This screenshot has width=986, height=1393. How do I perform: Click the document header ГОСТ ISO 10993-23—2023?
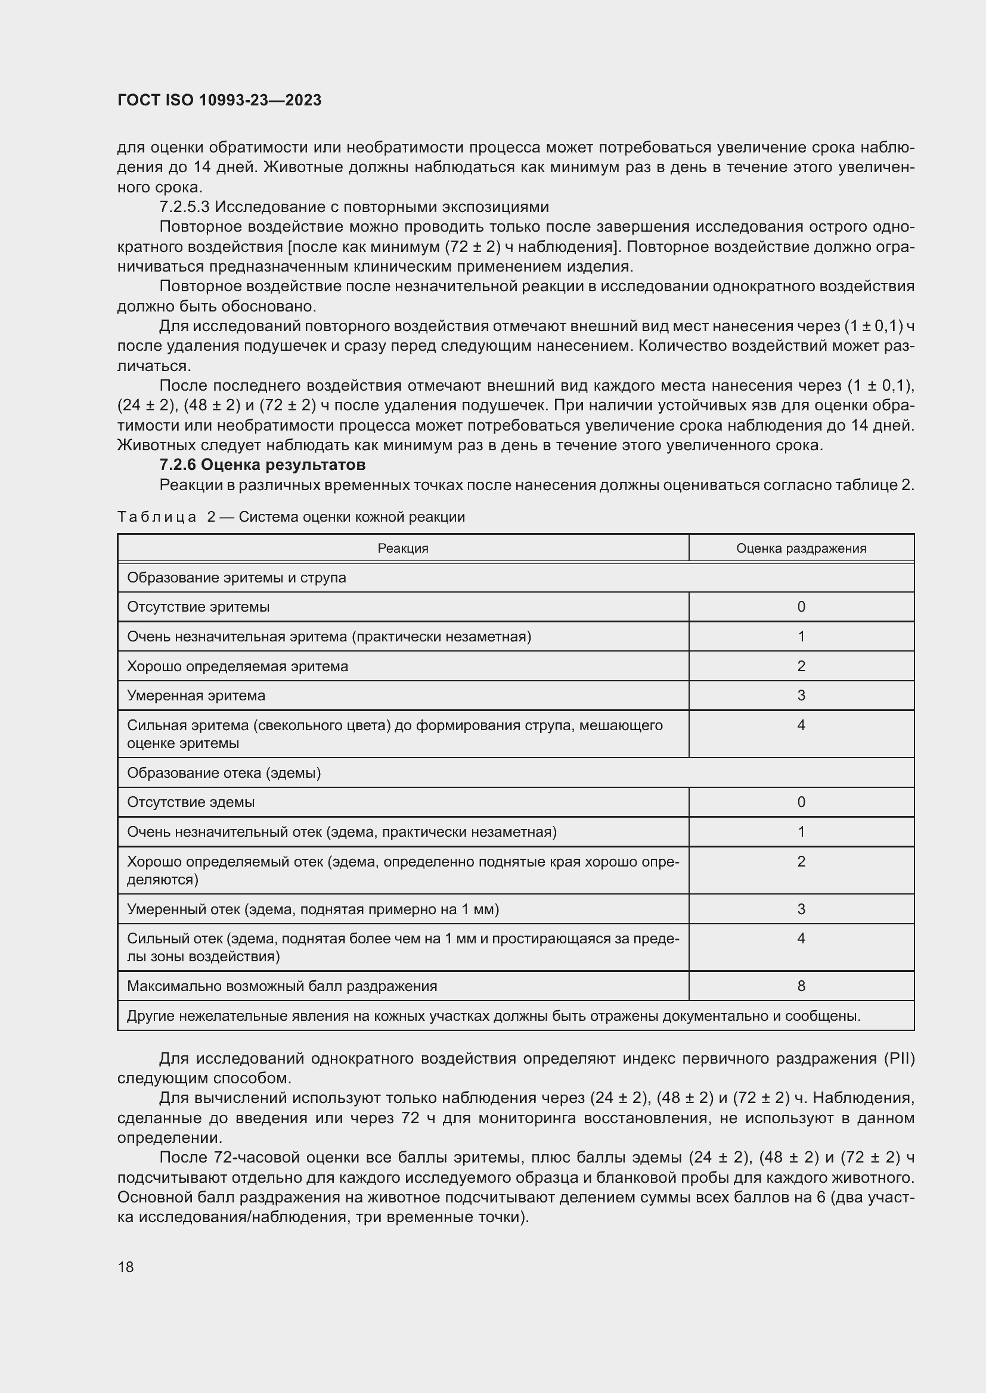219,100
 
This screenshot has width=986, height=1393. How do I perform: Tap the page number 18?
126,1267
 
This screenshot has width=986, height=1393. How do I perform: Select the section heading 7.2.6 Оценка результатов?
262,465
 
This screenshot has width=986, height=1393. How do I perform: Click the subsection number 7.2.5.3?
185,207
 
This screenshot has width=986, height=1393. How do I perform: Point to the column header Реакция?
402,549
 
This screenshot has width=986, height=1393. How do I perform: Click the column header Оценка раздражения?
801,549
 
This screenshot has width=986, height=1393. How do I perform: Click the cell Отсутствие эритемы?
199,607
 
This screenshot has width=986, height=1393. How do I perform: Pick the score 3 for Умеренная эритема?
801,695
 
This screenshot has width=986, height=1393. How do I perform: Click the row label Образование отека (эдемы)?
224,773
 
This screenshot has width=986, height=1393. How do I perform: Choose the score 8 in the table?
801,986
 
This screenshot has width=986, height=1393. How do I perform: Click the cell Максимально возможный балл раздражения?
282,986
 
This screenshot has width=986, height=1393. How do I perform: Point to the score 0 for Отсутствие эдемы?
801,802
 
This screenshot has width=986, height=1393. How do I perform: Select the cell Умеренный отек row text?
313,909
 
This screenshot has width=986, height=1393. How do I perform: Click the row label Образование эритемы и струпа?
236,578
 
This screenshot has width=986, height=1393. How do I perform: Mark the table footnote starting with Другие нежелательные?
493,1015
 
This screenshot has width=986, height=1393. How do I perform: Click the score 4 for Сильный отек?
801,939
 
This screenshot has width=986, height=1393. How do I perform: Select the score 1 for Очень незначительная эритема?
801,637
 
